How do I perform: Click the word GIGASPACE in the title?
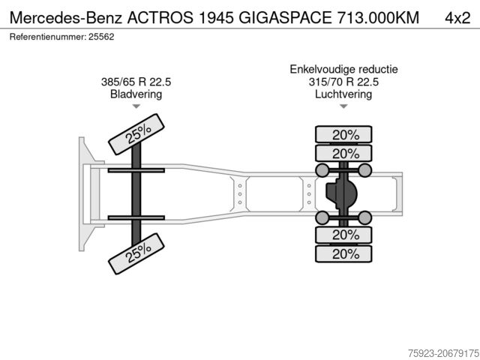pos(285,17)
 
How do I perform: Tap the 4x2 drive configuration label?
pos(457,18)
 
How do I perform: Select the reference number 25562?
pos(101,37)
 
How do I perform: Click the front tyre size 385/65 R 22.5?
pos(136,82)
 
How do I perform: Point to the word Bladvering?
pos(136,94)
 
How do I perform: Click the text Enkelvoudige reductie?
pos(343,69)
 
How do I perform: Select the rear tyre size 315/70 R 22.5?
pos(343,82)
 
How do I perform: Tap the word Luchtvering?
pos(343,94)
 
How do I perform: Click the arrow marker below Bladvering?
pos(136,106)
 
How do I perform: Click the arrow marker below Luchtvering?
pos(343,106)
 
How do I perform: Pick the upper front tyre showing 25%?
pos(136,134)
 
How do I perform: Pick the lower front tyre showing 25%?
pos(136,253)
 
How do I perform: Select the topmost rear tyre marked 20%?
pos(343,134)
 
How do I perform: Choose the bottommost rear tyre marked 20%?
pos(343,253)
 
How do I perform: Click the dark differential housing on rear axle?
pos(341,193)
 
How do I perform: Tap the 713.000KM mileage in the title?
pos(378,17)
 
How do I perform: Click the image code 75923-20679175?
pos(443,353)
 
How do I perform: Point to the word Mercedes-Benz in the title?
pos(66,17)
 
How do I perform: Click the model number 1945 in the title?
pos(216,17)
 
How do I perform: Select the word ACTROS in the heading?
pos(160,17)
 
